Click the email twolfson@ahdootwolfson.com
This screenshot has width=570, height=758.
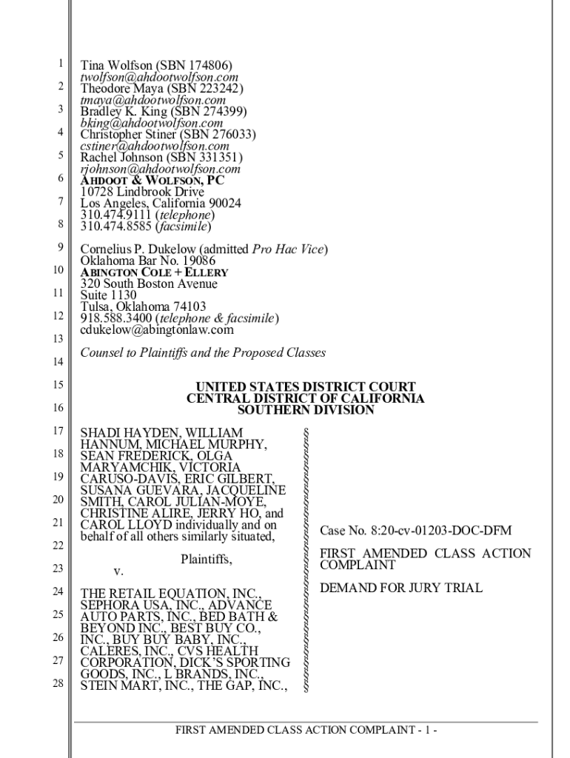click(159, 77)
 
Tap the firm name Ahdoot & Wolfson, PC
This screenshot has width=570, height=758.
click(152, 180)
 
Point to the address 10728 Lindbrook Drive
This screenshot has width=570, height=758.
click(142, 192)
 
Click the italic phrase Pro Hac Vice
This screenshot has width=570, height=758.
click(288, 249)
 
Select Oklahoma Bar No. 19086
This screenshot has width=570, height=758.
click(148, 261)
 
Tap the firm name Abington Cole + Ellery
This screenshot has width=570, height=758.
click(154, 272)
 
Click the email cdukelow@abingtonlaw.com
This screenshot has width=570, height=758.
click(157, 329)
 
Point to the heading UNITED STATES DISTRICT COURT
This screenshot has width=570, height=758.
click(305, 387)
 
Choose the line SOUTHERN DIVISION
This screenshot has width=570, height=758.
click(305, 410)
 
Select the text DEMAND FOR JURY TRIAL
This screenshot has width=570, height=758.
click(400, 588)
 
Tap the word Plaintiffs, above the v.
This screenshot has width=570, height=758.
click(206, 560)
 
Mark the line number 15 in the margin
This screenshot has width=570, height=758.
click(58, 384)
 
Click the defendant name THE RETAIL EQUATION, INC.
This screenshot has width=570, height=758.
click(170, 594)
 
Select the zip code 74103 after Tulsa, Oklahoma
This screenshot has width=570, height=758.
click(190, 306)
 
